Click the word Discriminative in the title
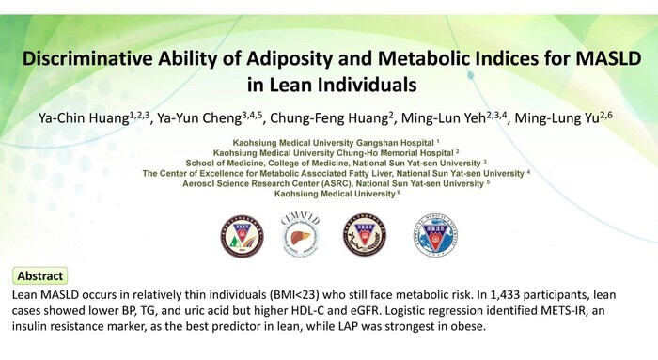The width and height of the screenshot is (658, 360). coord(87,58)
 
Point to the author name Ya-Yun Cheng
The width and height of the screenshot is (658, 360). coord(210,117)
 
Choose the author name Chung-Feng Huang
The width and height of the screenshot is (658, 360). coord(332,117)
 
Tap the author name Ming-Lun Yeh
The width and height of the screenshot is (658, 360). coord(455,117)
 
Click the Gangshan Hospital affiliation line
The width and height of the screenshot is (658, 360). coord(337,143)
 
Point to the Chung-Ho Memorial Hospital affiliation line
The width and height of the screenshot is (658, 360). coord(337,153)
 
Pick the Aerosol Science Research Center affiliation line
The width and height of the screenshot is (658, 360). coord(337,184)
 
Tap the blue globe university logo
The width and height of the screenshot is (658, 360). coord(435,235)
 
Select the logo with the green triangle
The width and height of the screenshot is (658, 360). coord(243,236)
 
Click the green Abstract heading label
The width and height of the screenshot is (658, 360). coord(40,276)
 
